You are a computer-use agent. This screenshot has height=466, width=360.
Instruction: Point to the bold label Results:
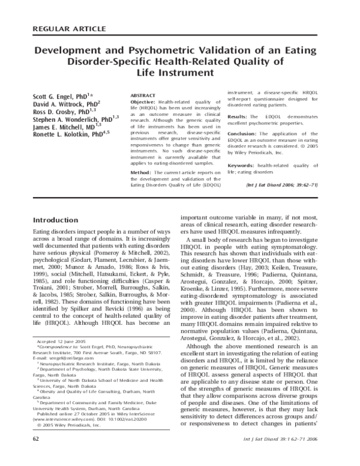click(x=239, y=116)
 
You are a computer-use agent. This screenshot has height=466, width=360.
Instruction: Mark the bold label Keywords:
click(x=242, y=165)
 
